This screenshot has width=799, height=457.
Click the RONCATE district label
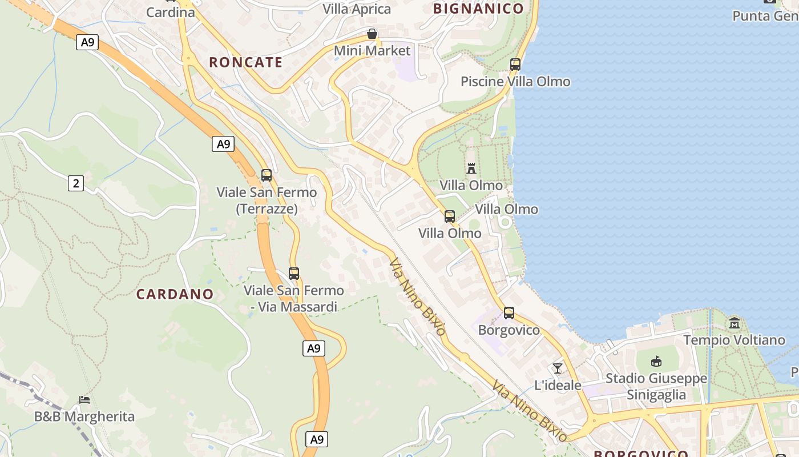(245, 62)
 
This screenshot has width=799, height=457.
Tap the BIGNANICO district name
(478, 9)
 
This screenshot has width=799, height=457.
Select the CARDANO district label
(175, 294)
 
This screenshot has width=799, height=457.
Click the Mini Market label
(372, 51)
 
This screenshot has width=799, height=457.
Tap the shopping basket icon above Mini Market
(372, 34)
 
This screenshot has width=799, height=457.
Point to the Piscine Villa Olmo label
(515, 81)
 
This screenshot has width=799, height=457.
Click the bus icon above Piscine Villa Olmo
(515, 65)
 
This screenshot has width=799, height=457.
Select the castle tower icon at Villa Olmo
(471, 169)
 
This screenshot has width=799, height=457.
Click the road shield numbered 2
(75, 183)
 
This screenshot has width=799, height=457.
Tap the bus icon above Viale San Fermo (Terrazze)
(267, 175)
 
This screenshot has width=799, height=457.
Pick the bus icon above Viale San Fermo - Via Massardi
(294, 274)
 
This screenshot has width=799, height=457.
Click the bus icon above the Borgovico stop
(509, 313)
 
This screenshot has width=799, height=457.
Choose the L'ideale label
(558, 385)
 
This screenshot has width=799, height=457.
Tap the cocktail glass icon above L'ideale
(558, 368)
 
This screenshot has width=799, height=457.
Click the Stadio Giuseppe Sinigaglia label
(656, 386)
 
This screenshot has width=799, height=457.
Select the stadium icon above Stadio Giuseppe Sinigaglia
(656, 362)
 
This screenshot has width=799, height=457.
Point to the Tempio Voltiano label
(734, 340)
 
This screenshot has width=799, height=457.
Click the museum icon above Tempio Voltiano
(734, 323)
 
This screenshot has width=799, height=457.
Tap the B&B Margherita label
(84, 416)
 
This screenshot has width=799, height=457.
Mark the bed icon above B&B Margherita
(84, 400)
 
